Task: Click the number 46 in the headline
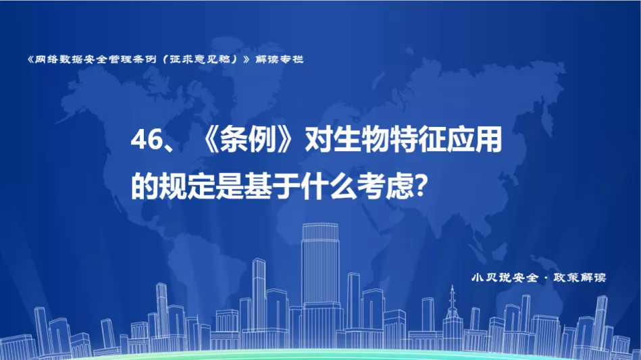click(147, 140)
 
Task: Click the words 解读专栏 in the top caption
click(280, 59)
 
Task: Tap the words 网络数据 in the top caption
click(59, 59)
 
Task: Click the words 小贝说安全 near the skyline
click(505, 278)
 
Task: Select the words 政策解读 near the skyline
click(580, 278)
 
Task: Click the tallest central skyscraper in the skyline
click(320, 278)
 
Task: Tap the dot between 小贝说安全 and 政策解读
click(546, 278)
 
